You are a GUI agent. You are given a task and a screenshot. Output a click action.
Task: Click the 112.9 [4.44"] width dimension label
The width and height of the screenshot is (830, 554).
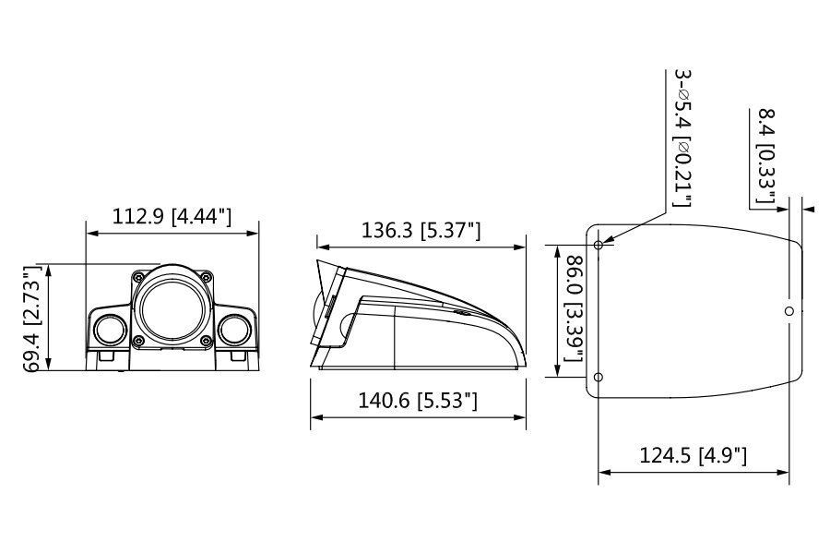(x=172, y=217)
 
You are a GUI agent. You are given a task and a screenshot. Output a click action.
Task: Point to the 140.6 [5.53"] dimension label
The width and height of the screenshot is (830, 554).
(x=419, y=401)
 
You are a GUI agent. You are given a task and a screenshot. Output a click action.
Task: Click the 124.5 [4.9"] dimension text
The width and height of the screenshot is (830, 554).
(x=693, y=454)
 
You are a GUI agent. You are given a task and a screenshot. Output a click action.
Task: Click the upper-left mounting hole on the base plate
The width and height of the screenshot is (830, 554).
(x=599, y=245)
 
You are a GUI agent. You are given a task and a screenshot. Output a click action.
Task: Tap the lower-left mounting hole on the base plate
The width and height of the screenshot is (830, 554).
(x=599, y=377)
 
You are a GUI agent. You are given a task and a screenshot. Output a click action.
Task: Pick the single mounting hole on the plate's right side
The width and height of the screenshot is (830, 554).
(x=788, y=311)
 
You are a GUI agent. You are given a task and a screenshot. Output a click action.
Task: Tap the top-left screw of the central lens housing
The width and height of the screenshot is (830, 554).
(x=139, y=275)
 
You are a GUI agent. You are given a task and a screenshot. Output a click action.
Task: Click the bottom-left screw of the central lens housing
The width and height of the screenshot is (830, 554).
(x=139, y=341)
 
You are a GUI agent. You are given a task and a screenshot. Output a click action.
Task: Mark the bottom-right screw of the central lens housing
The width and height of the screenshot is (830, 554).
(x=206, y=341)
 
